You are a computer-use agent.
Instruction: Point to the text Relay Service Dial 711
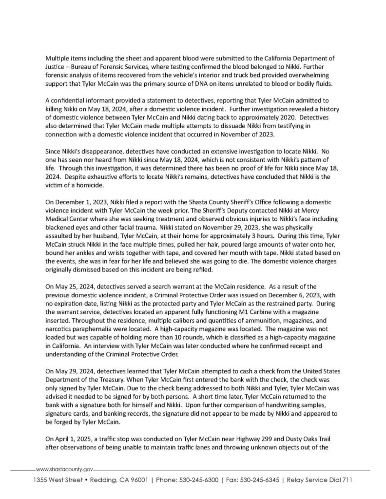[318, 480]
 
